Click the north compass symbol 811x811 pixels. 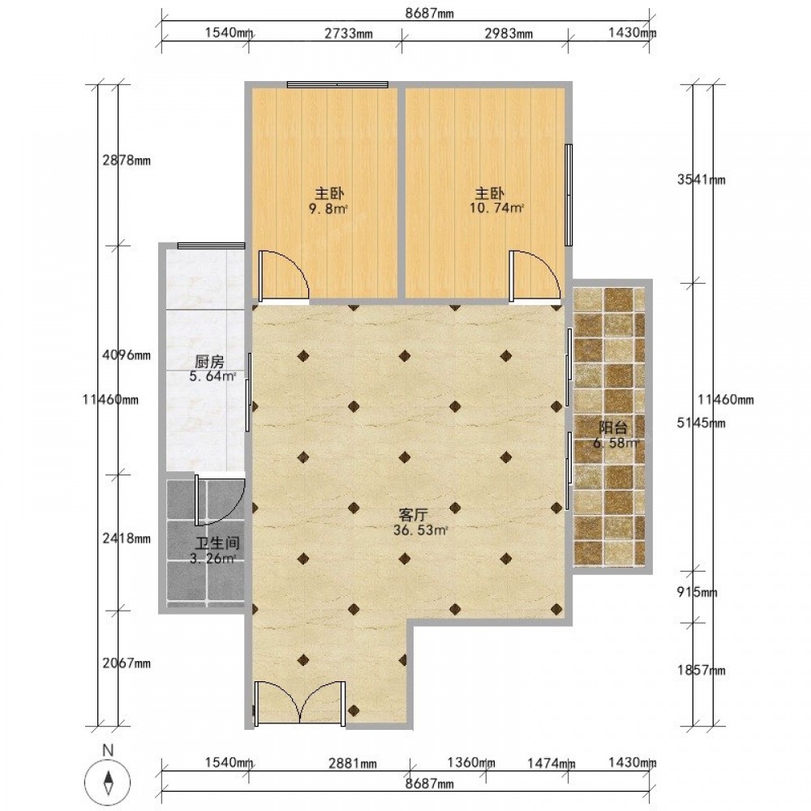click(x=108, y=781)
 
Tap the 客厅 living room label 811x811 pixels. click(x=413, y=515)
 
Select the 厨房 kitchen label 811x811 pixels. click(x=209, y=361)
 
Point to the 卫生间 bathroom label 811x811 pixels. click(x=217, y=543)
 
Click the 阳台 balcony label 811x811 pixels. click(x=613, y=427)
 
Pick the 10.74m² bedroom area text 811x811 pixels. click(x=496, y=208)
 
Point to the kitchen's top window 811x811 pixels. click(x=211, y=246)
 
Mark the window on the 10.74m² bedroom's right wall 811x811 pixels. click(x=569, y=195)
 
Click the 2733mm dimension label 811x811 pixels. click(x=348, y=33)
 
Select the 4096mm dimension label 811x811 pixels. click(x=127, y=355)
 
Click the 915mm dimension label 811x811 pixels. click(x=697, y=592)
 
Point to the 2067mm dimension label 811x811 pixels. click(x=127, y=663)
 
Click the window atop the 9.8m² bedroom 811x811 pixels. click(x=337, y=84)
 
